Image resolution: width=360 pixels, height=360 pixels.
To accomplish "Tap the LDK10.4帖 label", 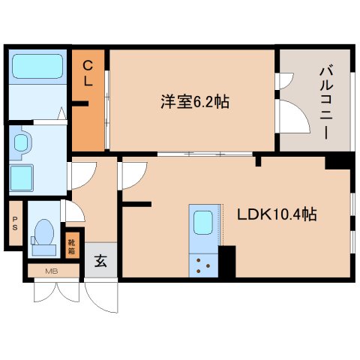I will (x=277, y=214).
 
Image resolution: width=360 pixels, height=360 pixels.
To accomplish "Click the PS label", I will (x=14, y=223).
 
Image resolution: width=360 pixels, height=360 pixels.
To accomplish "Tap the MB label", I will (x=52, y=271).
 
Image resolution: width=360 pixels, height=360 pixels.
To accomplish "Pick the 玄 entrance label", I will (x=100, y=262).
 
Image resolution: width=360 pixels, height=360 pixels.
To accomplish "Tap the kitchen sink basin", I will (x=203, y=223).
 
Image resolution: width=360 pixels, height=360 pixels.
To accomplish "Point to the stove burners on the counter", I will (x=203, y=264).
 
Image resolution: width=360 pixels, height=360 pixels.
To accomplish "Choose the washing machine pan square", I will (x=26, y=179).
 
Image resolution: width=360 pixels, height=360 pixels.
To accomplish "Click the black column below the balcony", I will (x=337, y=162).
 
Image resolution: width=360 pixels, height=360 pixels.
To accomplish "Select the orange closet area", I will (x=88, y=112).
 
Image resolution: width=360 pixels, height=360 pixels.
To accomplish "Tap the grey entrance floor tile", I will (x=100, y=262).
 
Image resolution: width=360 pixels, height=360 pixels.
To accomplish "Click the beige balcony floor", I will (x=315, y=127).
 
